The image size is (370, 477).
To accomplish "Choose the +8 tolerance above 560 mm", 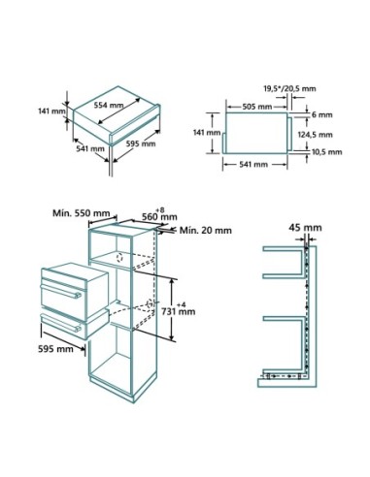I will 161,207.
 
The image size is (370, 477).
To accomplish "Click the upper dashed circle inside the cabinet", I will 118,259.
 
